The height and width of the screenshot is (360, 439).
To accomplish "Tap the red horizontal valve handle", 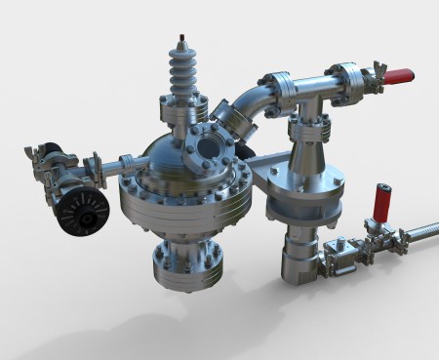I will [x=397, y=75].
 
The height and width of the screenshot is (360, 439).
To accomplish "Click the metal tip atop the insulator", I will [x=181, y=40].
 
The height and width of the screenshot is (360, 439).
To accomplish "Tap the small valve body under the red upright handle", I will [x=376, y=234].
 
